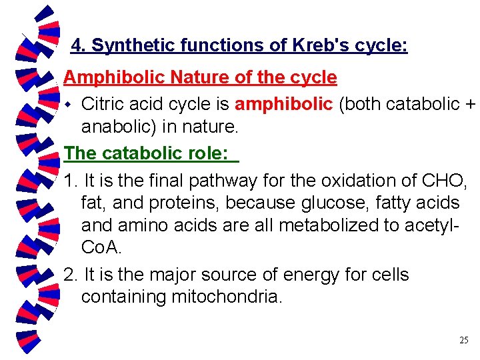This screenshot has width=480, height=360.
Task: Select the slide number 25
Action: [x=464, y=340]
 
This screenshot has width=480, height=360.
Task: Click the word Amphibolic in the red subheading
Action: [x=114, y=77]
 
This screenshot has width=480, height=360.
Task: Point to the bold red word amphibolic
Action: [x=284, y=104]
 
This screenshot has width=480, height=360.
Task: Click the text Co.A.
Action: [x=101, y=247]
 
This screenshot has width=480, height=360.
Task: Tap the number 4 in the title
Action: [x=76, y=45]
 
